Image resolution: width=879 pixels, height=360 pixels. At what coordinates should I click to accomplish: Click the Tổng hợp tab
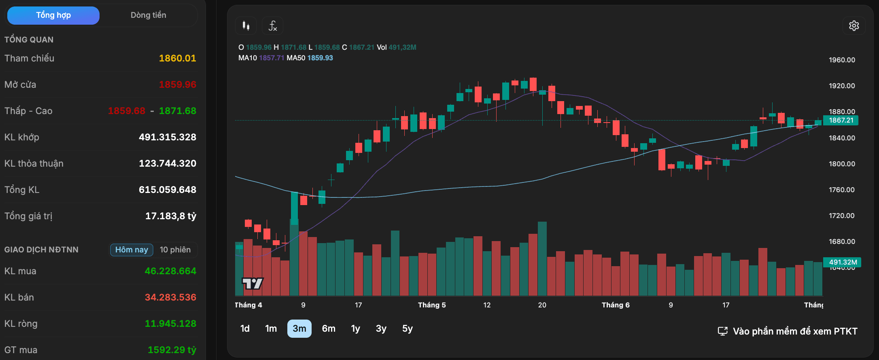pos(53,15)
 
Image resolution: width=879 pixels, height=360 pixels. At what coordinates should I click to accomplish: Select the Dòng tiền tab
pos(148,15)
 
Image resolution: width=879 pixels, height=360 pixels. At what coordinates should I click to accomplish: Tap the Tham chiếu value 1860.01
pos(177,58)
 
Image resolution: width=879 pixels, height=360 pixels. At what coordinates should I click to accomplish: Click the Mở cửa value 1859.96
pos(177,85)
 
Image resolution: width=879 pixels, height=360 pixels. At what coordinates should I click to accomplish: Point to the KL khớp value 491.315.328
pos(168,137)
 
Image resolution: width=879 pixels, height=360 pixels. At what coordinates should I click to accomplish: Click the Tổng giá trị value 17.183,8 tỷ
pos(171,216)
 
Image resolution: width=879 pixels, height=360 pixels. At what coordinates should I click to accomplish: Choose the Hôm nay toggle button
pos(132,250)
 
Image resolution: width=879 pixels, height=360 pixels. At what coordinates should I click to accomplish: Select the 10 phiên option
pos(175,250)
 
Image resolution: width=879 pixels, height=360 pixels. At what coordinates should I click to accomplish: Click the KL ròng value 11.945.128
pos(170,324)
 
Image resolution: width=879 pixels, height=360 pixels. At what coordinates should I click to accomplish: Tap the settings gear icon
pos(854,26)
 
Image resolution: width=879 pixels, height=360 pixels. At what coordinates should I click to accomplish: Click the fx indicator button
pos(272,26)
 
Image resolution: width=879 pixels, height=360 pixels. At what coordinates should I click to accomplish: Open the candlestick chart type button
pos(246,26)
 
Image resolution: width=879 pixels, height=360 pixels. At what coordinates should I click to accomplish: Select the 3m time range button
pos(299,328)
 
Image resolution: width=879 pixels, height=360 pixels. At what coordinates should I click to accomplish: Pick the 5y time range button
pos(408,328)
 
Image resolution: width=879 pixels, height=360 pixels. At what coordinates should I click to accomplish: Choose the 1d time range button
pos(245,328)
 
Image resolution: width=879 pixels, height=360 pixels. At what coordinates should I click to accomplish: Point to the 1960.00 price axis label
pos(842,60)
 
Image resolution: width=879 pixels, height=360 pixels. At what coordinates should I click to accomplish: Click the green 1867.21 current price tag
pos(841,120)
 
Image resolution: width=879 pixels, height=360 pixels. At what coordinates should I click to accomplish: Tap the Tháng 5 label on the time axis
pos(432,305)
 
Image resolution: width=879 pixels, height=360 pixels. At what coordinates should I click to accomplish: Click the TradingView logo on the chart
pos(253,283)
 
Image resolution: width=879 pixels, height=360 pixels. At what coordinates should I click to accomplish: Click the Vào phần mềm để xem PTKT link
pos(788,331)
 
